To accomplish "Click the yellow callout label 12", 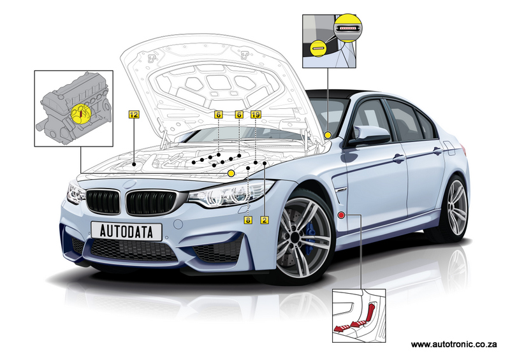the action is pos(134,115).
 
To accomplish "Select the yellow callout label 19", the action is pos(256,115).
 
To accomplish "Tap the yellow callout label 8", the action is pos(248,220).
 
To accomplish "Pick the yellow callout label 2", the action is pos(265,220).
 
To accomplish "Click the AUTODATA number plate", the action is pos(126,231).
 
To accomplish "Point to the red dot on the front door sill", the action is pos(341,215).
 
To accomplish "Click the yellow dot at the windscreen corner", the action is pos(328,134).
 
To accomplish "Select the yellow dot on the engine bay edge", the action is pos(231,173).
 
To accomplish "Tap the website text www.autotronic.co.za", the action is pos(454,345).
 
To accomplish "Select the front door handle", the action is pos(399,159).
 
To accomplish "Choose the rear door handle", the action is pos(437,151).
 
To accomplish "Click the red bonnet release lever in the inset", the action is pos(370,312).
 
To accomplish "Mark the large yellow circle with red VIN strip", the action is pos(348,27).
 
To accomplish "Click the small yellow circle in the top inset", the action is pos(317,48).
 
